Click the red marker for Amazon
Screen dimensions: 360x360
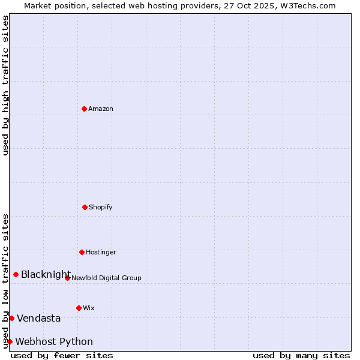pyautogui.click(x=84, y=109)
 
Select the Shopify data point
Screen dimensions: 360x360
pyautogui.click(x=85, y=207)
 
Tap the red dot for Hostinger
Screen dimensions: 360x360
pyautogui.click(x=82, y=252)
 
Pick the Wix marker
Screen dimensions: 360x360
pyautogui.click(x=79, y=308)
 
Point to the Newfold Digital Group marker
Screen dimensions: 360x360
pyautogui.click(x=67, y=278)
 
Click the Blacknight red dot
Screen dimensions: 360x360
pyautogui.click(x=16, y=274)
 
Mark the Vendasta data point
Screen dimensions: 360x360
pyautogui.click(x=11, y=318)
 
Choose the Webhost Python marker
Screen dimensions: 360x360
pyautogui.click(x=10, y=341)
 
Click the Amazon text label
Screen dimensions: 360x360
pyautogui.click(x=101, y=109)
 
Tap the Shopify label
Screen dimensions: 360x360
pyautogui.click(x=101, y=207)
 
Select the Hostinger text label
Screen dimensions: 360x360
pyautogui.click(x=101, y=252)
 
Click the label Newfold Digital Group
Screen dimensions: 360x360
pyautogui.click(x=106, y=278)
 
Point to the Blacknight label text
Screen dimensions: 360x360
pyautogui.click(x=46, y=275)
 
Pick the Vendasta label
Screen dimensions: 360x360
pyautogui.click(x=38, y=318)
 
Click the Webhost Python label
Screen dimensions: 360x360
pyautogui.click(x=54, y=342)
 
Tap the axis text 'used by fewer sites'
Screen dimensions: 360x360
pyautogui.click(x=62, y=355)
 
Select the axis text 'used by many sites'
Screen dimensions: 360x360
pyautogui.click(x=301, y=355)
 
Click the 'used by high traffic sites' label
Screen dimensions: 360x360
pyautogui.click(x=5, y=85)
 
